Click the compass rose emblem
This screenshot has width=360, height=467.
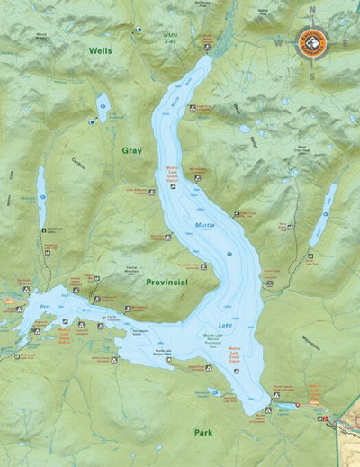tap(312, 41)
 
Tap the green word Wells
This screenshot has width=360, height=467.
tap(100, 51)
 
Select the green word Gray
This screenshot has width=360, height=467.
tap(132, 150)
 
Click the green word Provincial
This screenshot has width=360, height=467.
tap(166, 282)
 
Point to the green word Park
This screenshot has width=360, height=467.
tap(204, 432)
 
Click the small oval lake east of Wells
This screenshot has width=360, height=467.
tap(103, 107)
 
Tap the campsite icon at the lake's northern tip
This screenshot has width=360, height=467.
tap(207, 46)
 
